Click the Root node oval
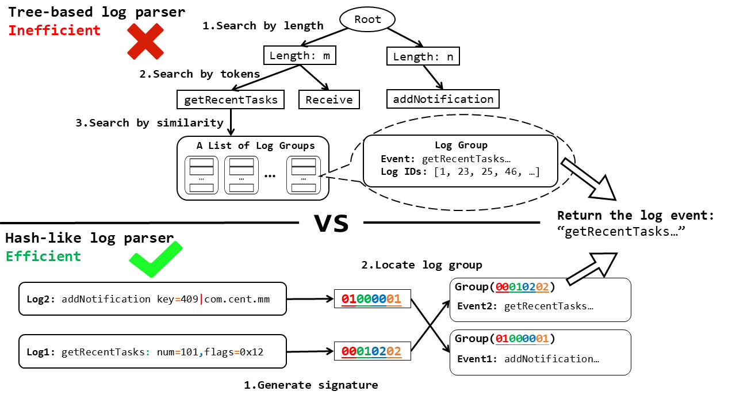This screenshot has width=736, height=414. coord(367,20)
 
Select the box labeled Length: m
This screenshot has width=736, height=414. coord(299,56)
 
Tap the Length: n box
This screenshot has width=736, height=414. coord(423,56)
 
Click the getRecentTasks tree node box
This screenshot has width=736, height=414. coord(231,99)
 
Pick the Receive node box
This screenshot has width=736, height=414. coord(329,99)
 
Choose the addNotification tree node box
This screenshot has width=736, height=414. coord(443,99)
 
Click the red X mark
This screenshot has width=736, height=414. coord(145,41)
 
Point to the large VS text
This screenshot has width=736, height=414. coord(331,223)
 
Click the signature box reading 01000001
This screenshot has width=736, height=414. coord(372,299)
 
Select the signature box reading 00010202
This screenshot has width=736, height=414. coord(372,351)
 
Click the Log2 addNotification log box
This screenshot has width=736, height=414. coord(152,299)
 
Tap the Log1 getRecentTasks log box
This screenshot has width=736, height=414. coord(152,351)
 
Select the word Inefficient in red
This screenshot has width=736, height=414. coord(55,30)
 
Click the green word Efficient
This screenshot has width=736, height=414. coord(44,256)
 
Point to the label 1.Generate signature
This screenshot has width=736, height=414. coord(311,385)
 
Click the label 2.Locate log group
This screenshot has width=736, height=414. coord(421,265)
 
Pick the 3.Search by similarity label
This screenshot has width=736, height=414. coord(149,122)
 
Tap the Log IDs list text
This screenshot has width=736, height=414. coord(460,171)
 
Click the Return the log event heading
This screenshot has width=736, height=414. coord(635,216)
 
